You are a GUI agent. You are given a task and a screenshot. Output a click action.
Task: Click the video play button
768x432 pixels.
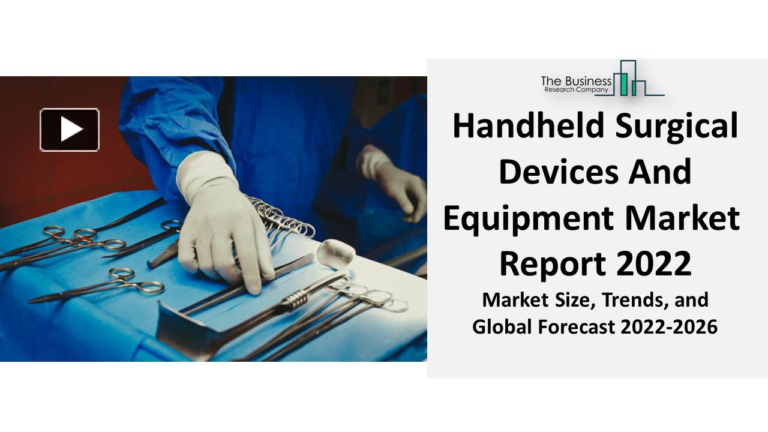(x=70, y=130)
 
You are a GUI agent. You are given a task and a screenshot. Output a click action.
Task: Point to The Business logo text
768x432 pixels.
(x=576, y=80)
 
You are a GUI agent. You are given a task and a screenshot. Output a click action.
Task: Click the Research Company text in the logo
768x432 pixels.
(x=576, y=89)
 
